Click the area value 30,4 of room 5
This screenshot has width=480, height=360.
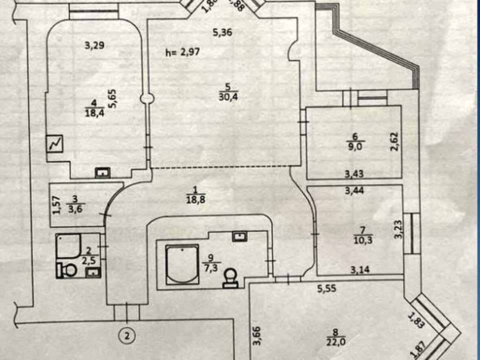(x=227, y=97)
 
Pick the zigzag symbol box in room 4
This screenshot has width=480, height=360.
(x=55, y=144)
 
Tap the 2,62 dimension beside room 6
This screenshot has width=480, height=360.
(x=394, y=142)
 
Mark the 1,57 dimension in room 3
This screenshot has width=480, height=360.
(x=56, y=204)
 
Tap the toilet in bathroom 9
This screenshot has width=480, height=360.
(x=231, y=277)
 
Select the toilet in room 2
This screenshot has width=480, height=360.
(x=66, y=270)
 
